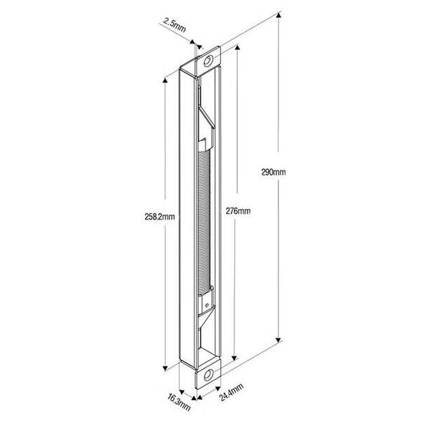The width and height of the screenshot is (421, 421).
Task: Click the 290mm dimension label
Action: click(x=274, y=172)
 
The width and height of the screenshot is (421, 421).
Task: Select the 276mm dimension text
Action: click(x=238, y=211)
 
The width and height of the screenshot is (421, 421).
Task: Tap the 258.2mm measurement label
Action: click(x=160, y=217)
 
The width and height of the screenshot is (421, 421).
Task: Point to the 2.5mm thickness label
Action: click(x=175, y=26)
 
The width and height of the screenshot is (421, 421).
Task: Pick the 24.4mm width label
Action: click(x=232, y=392)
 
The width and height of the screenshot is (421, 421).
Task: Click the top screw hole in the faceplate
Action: click(x=208, y=61)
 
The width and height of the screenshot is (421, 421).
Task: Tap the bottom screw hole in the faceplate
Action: click(x=208, y=374)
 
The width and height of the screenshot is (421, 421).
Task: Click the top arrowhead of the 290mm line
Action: click(x=279, y=15)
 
